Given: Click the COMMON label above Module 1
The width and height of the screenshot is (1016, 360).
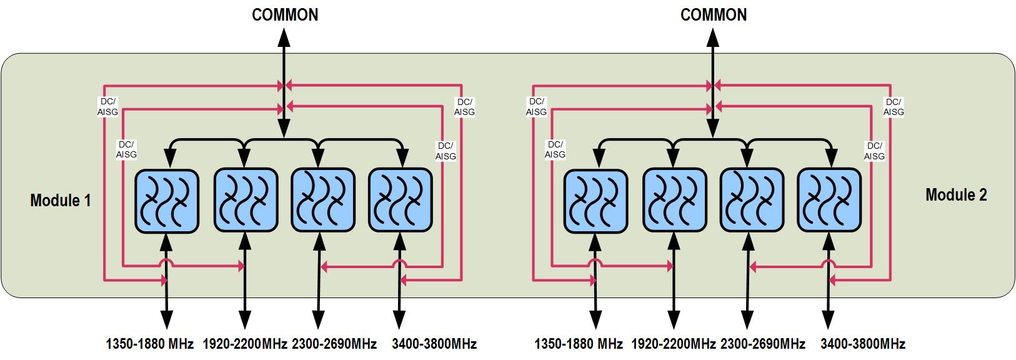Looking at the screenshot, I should coord(285,15).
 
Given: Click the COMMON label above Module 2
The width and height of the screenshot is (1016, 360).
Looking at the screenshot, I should coord(714,15).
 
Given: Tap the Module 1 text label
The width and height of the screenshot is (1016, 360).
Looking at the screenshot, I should coord(61,201).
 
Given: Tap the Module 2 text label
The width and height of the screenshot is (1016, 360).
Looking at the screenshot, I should coord(956,195).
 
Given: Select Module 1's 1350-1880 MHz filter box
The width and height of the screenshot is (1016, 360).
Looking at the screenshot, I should coord(167,201).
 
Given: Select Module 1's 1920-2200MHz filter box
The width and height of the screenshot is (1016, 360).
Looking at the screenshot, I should coord(246,201).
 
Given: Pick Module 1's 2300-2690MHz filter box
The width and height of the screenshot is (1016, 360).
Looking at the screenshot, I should coord(323,201).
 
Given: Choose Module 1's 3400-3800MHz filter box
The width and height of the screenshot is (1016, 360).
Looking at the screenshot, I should coord(401,201).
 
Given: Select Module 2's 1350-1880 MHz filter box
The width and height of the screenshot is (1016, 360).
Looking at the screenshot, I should coord(595,201).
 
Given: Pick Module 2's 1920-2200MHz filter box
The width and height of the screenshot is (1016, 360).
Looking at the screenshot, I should coord(674,201).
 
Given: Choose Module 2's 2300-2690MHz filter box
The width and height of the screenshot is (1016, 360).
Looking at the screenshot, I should coord(752,201).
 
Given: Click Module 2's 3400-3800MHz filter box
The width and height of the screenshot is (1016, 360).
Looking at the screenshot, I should coord(829,201).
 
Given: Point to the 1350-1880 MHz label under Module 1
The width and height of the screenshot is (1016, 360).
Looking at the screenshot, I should coord(150,344).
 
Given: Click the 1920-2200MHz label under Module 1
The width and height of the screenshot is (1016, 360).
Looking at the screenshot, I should coord(245,344).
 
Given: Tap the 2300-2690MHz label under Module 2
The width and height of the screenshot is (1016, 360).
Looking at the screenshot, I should coord(762,344).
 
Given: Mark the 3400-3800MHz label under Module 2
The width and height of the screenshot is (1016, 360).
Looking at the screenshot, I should coord(862,344).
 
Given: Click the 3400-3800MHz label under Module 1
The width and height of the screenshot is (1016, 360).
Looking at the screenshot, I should coord(434,344).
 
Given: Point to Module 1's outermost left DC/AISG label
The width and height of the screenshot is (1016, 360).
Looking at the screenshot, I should coord(107,107).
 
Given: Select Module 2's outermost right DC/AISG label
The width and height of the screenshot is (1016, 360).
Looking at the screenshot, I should coord(894,107).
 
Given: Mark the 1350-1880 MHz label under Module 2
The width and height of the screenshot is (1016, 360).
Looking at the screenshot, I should coord(579,344).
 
